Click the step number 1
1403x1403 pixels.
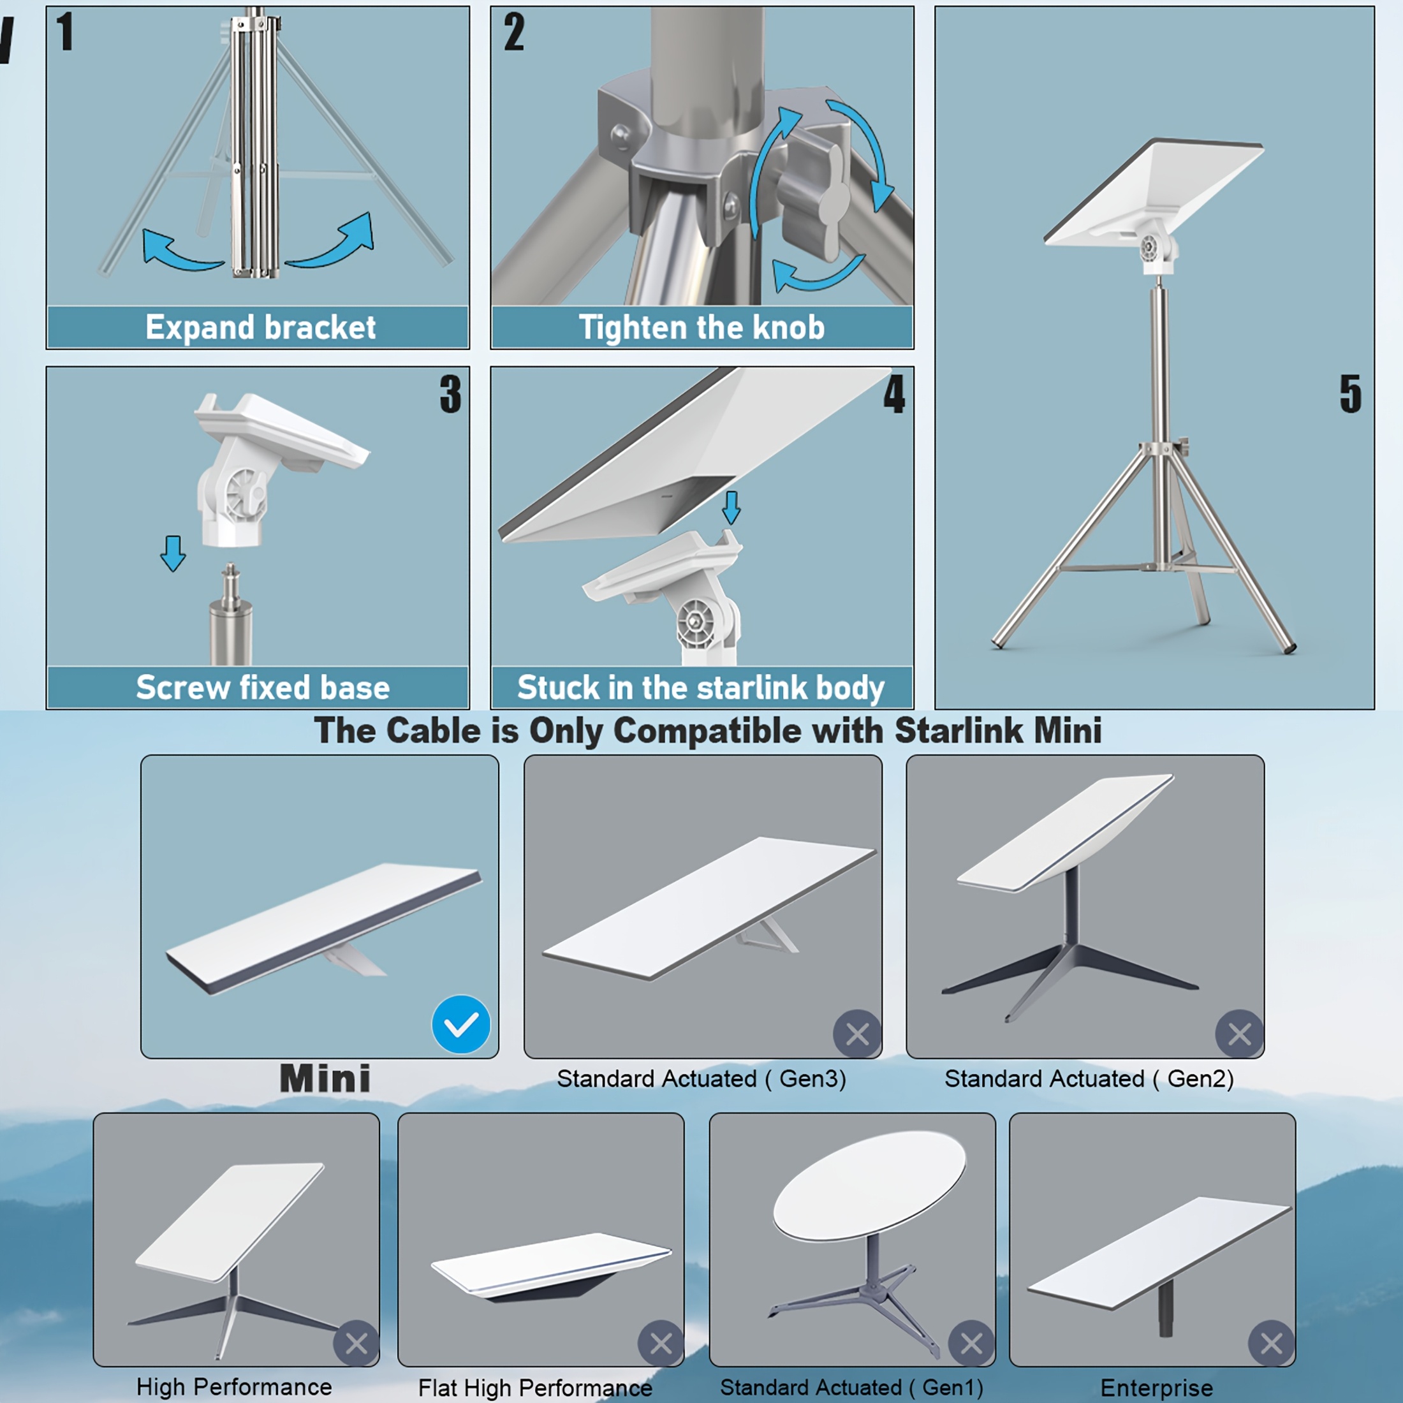click(x=65, y=32)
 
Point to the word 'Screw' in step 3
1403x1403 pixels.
click(x=182, y=687)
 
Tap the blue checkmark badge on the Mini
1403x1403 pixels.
click(x=461, y=1024)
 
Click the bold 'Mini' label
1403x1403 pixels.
click(x=325, y=1078)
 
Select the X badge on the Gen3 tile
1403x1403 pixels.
click(x=857, y=1033)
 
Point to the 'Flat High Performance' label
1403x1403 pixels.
click(x=535, y=1388)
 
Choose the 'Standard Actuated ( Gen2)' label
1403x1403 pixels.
click(x=1089, y=1079)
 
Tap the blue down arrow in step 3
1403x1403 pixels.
click(x=173, y=554)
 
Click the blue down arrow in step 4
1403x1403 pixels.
click(x=731, y=507)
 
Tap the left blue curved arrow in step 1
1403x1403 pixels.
click(x=178, y=250)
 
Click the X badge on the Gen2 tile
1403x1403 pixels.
click(x=1240, y=1033)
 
